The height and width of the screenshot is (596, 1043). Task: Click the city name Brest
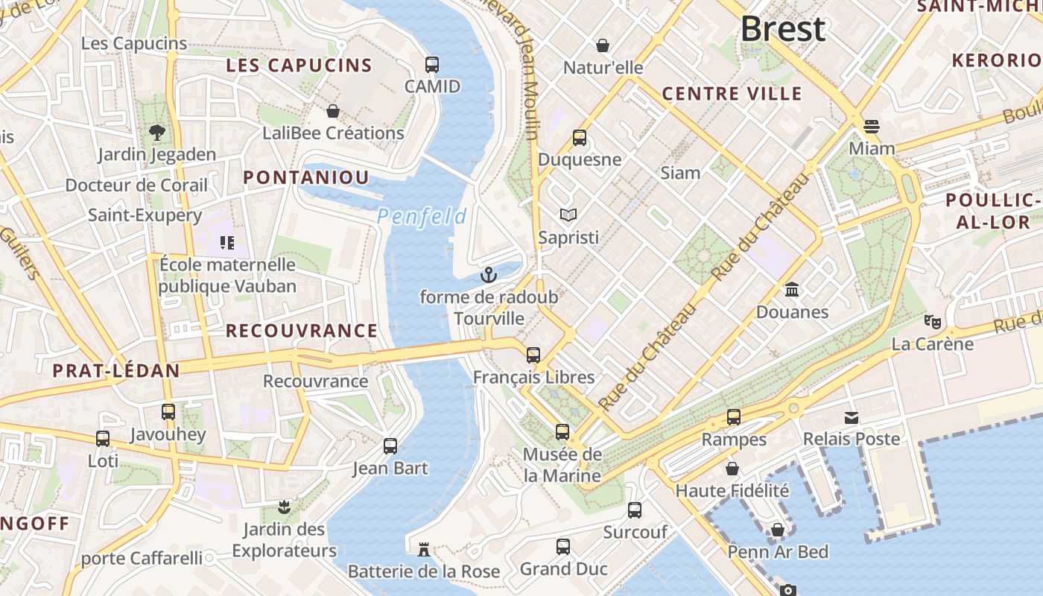click(782, 30)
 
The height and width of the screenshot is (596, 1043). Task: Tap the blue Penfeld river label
click(422, 217)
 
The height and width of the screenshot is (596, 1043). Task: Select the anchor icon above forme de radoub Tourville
click(488, 275)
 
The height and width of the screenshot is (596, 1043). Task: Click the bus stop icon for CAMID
click(432, 64)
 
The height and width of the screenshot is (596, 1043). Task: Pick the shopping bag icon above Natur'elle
click(603, 45)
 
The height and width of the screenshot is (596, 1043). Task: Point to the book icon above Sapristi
click(568, 215)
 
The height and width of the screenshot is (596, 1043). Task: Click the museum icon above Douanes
click(792, 289)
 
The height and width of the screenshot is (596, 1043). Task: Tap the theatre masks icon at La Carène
click(932, 321)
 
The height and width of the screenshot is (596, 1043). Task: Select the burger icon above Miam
click(871, 126)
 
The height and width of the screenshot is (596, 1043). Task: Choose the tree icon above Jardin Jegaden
click(156, 133)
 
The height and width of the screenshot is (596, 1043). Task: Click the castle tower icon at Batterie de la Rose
click(424, 550)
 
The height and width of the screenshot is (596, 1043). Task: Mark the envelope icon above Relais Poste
click(851, 417)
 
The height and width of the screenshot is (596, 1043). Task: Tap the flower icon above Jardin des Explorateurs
click(284, 508)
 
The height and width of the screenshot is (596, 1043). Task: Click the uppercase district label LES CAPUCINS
click(299, 66)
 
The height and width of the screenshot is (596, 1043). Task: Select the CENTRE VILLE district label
click(732, 94)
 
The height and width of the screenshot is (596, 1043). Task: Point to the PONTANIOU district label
click(306, 177)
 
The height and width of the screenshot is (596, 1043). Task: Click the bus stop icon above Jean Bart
click(390, 446)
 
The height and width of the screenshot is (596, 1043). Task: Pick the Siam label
click(680, 173)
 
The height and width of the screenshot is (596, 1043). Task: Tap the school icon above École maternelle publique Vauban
click(227, 242)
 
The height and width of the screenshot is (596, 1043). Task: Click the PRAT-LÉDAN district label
click(116, 370)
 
